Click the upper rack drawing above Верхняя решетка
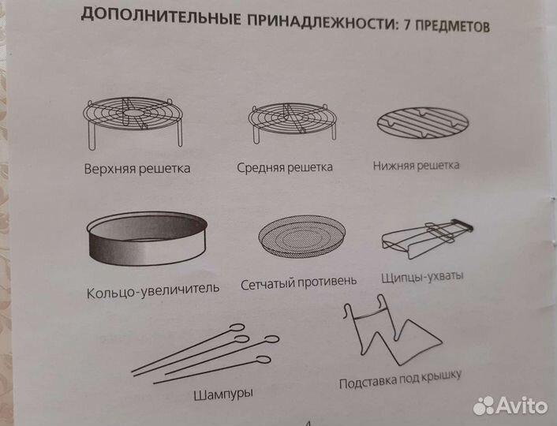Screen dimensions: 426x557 132,120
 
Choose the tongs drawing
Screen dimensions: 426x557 427,236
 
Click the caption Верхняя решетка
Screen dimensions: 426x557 138,169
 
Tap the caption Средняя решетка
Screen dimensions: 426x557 285,167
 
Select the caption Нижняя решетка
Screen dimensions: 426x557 416,166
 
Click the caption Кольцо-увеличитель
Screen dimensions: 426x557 153,289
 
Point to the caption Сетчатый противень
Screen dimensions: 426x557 298,282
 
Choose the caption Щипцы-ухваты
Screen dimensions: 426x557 422,277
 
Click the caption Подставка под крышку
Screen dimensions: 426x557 399,379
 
